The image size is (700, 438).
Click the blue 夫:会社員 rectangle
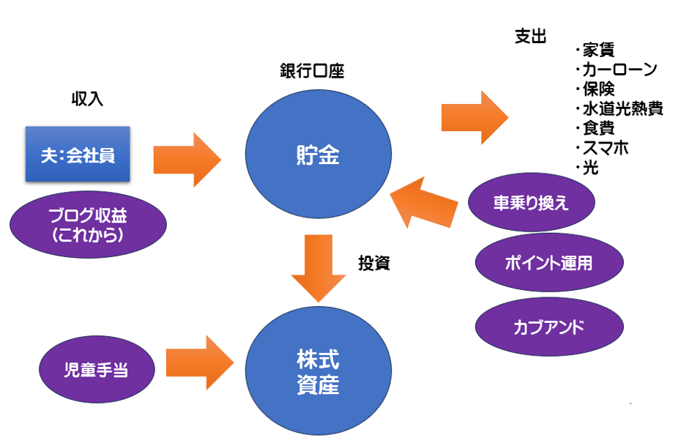[x=78, y=155]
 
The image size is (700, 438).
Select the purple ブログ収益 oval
[x=88, y=225]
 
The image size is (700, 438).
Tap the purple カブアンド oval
[x=549, y=327]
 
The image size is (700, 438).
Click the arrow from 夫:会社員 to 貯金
[x=187, y=160]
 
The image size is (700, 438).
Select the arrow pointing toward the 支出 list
[x=474, y=117]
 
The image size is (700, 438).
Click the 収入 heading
[x=87, y=100]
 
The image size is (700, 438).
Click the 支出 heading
[x=531, y=38]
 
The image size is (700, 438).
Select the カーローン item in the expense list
[x=619, y=70]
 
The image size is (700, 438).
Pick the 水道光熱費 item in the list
[x=622, y=109]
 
